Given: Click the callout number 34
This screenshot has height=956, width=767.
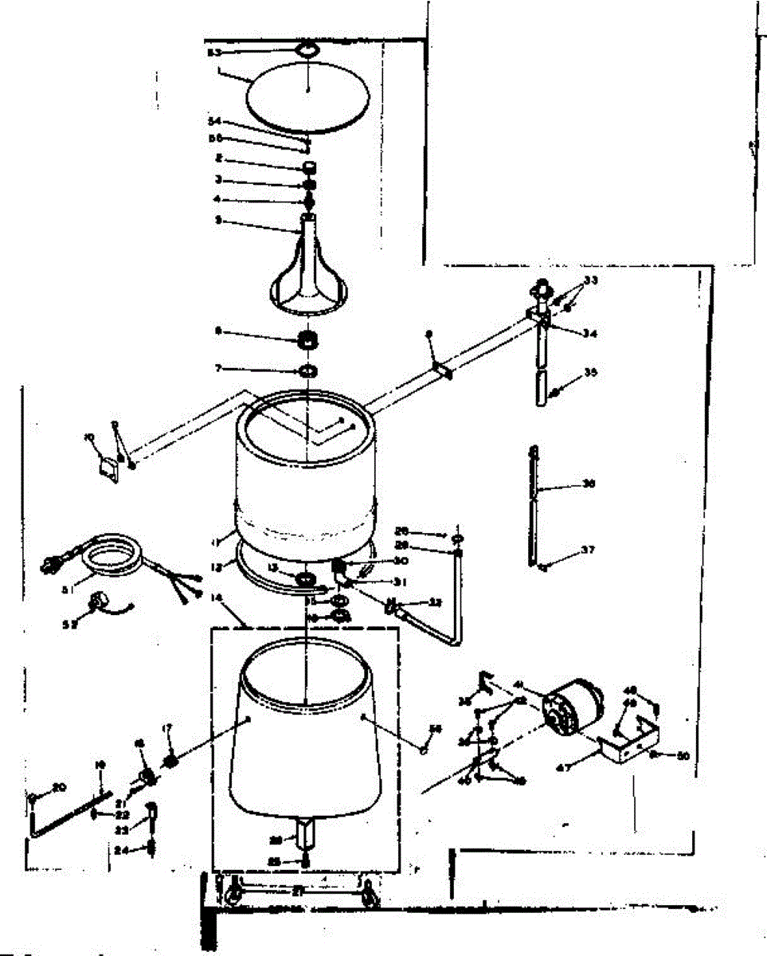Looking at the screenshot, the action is point(589,334).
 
